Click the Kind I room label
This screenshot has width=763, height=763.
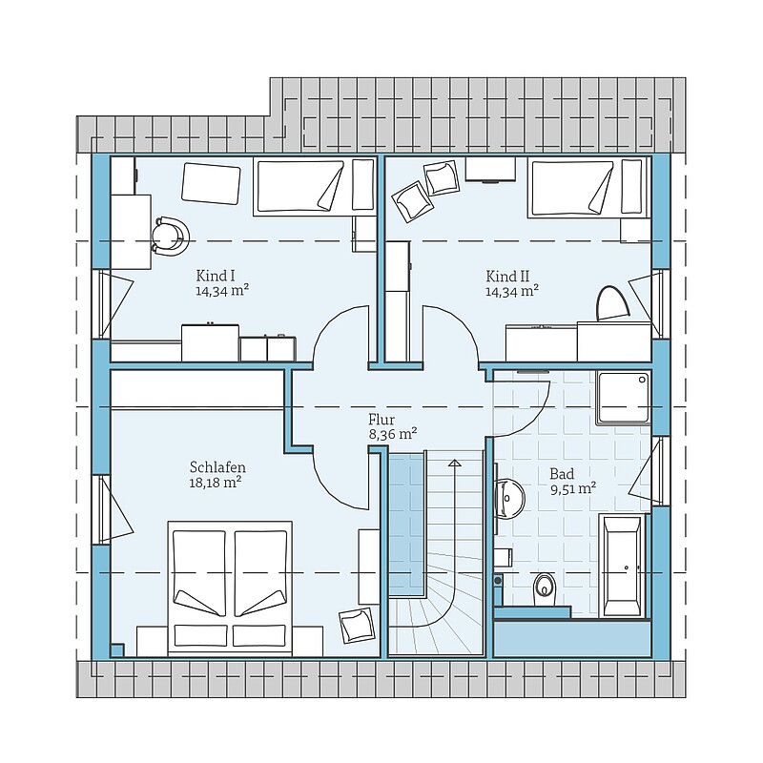coord(216,276)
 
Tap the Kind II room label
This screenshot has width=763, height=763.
coord(507,277)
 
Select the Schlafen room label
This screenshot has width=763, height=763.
coord(217,467)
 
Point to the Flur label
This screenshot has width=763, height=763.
coord(381,420)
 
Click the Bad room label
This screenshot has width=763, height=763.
coord(562,473)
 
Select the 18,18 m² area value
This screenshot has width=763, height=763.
coord(216,483)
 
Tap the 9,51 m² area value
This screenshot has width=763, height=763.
coord(574,488)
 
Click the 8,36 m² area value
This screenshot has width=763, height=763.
coord(393,434)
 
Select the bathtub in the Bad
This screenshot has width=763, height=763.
coord(624,566)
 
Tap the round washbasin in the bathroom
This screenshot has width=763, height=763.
coord(509,498)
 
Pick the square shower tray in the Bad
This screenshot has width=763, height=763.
coord(625,399)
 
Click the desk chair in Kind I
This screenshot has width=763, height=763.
coord(171,236)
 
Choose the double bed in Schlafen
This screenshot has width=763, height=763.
coord(230,588)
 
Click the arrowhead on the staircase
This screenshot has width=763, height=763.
coord(455,463)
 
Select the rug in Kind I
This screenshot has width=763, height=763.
coord(211,183)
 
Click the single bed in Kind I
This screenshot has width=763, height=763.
coord(315,186)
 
